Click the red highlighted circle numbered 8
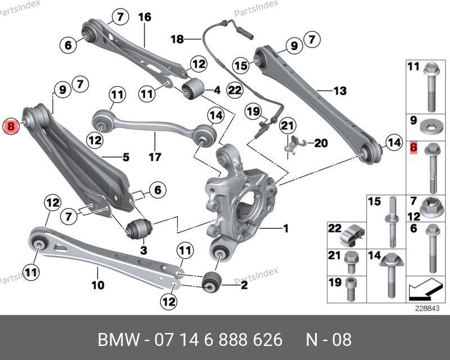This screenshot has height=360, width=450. point(11,127)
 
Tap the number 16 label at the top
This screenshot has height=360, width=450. point(145,17)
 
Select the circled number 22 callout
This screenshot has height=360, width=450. point(235,89)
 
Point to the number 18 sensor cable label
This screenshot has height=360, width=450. point(177,39)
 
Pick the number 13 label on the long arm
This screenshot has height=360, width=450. point(340,90)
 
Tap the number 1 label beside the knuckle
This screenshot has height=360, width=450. point(286,228)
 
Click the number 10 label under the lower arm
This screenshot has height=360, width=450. point(97,285)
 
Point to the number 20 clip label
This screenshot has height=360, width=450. point(321,143)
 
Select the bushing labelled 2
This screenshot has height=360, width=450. point(212,280)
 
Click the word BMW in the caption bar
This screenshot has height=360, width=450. point(118,340)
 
